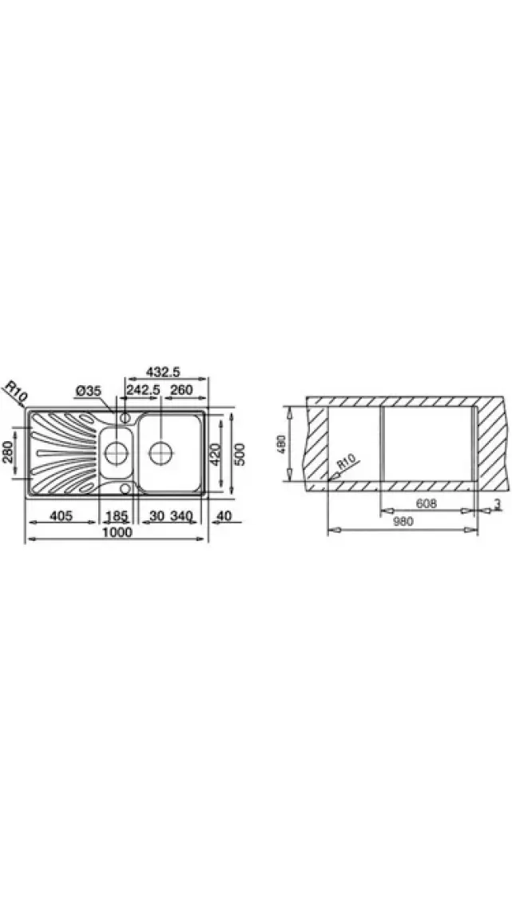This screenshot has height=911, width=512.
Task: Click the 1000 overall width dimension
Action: coord(117,531)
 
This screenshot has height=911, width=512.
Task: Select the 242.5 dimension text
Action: coord(143,390)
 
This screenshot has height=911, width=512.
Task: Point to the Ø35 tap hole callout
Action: coord(89,392)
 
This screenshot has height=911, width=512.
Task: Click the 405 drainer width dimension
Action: coord(61,515)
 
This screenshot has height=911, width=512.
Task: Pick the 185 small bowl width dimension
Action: coord(116,515)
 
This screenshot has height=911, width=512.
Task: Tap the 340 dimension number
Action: coord(181,515)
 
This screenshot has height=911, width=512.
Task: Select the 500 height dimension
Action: coord(239,455)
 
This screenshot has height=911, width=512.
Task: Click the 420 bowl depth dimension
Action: coord(215,455)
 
